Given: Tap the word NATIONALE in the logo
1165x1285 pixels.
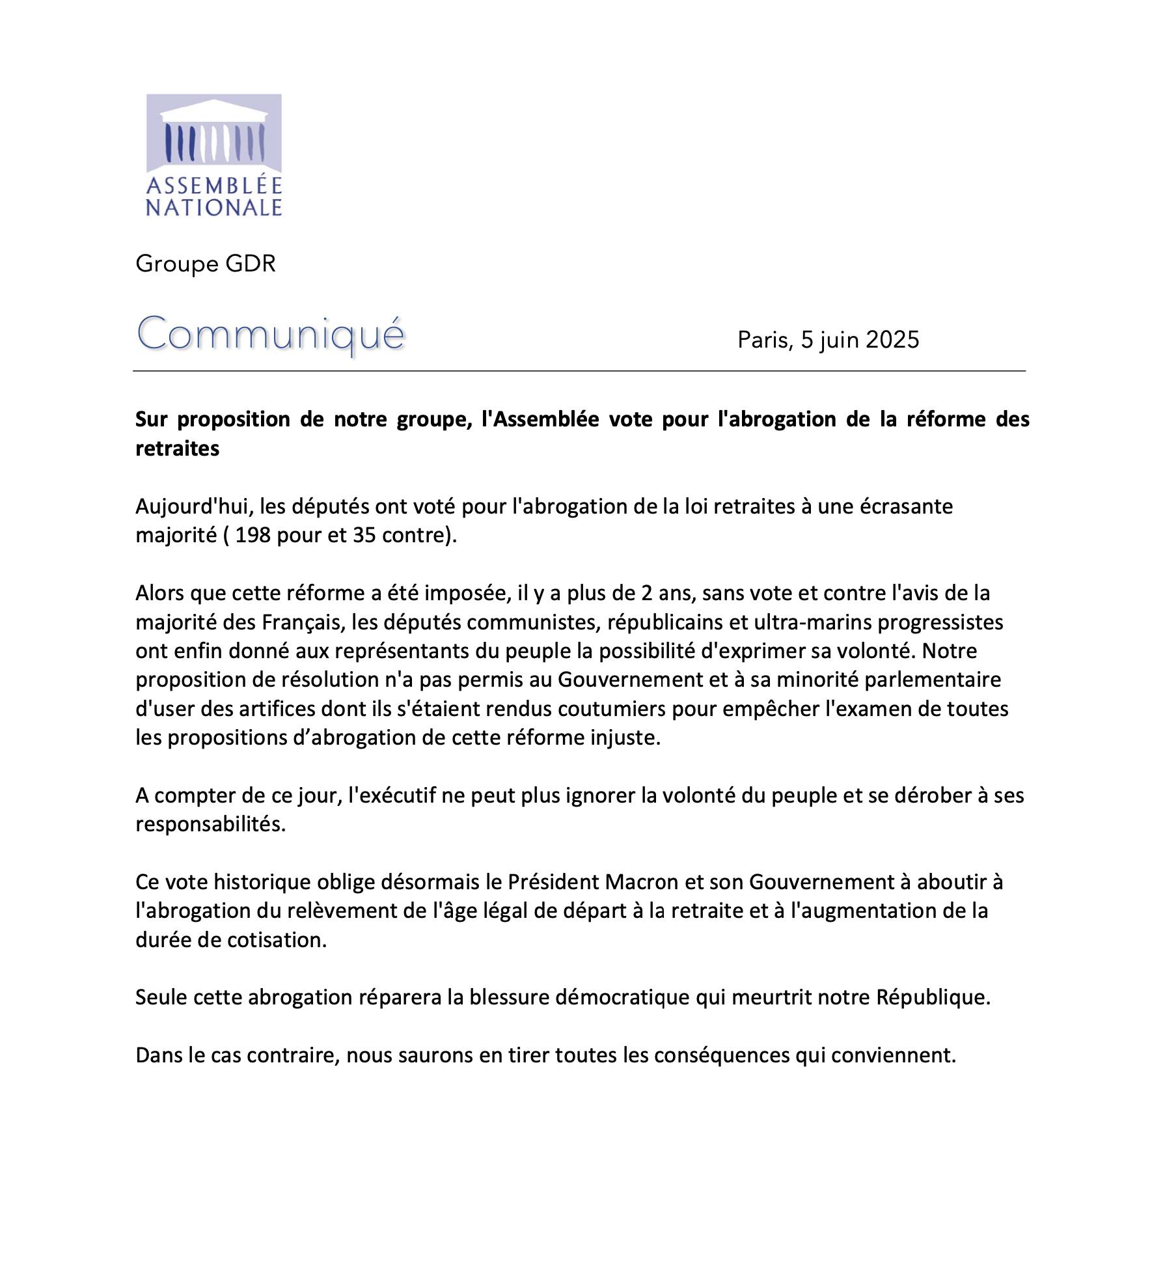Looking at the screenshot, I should coord(213,208).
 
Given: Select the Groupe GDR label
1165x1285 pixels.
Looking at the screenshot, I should coord(206,264).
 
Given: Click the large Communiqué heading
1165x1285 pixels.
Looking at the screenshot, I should coord(271,335).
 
